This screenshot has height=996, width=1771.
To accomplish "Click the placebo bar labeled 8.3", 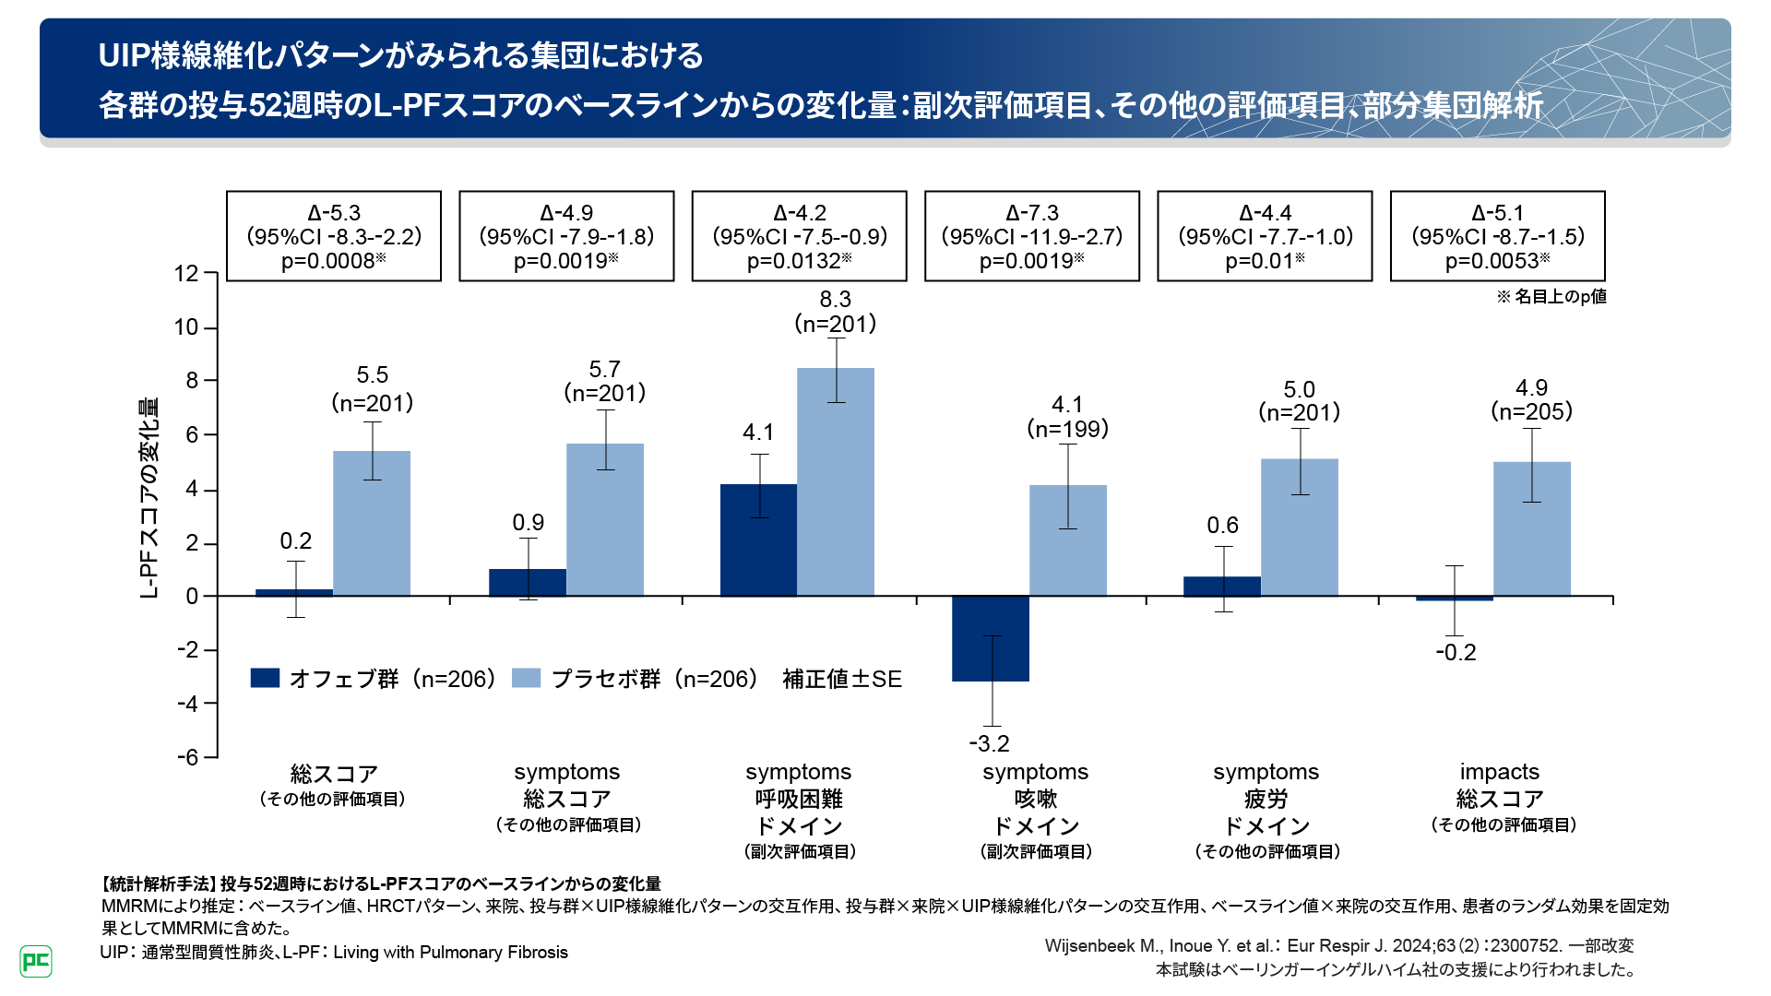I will pos(836,481).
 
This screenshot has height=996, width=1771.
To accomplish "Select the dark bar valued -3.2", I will pos(991,638).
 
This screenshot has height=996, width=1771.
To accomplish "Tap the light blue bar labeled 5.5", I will pos(372,523).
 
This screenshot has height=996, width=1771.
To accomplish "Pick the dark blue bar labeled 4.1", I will pos(758,539).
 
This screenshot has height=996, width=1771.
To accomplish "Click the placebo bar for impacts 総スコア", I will pos(1532,528).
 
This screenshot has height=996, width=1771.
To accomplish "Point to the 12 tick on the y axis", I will pos(187,274).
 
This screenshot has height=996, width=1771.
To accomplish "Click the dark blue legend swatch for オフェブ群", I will pos(265,678).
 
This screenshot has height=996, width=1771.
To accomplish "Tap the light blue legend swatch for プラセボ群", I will pos(526,678).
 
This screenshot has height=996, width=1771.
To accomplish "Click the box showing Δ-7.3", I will pos(1032,236).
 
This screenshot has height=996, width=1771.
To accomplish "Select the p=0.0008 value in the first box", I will pos(333,261).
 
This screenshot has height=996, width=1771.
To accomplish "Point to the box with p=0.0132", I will pos(799,236).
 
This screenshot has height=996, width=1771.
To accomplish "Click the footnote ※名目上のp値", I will pos(1551,296).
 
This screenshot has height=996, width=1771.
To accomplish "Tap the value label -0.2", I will pos(1456,653).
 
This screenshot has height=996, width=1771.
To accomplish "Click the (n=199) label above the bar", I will pos(1067,429).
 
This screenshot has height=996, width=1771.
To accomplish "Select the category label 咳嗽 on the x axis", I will pos(1036,799).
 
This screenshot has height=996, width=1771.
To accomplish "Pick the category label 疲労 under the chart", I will pos(1266,799).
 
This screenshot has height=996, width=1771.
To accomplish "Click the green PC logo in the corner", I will pos(36,961).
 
